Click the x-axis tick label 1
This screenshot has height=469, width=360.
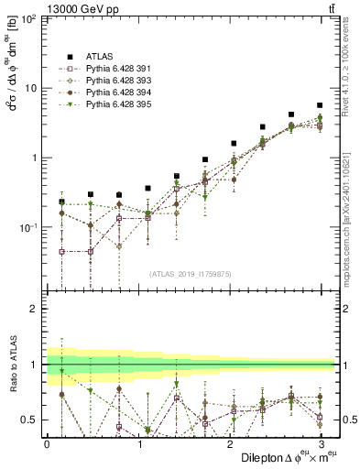(x=138, y=442)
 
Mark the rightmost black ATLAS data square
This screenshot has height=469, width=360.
(x=319, y=105)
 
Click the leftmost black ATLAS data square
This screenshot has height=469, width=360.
(x=61, y=201)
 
